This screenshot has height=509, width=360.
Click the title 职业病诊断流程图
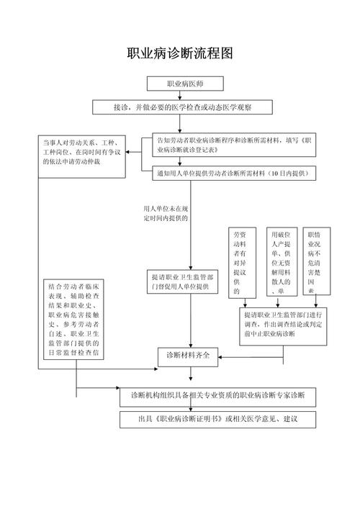(x=180, y=54)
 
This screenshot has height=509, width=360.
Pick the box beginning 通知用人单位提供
(x=235, y=174)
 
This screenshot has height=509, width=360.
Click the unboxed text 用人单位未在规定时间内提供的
(x=166, y=213)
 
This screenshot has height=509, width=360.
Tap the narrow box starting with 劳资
(x=242, y=263)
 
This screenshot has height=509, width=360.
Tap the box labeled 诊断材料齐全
(x=188, y=356)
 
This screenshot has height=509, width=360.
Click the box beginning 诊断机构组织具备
(x=217, y=396)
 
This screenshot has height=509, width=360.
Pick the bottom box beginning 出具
(x=217, y=420)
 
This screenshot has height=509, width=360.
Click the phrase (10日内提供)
(x=285, y=174)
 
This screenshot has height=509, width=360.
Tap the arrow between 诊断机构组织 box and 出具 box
(x=217, y=408)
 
